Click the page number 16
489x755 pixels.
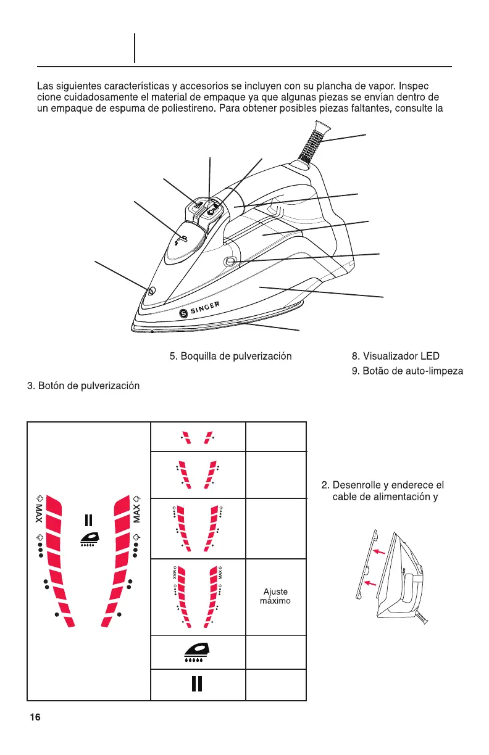(x=35, y=717)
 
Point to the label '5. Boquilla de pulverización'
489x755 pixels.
(x=230, y=356)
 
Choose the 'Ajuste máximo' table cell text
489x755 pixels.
(x=275, y=596)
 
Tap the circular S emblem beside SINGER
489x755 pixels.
(x=183, y=313)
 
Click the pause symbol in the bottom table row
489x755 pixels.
(x=198, y=685)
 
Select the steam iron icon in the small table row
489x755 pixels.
(x=198, y=652)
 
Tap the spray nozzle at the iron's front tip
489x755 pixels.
(x=151, y=290)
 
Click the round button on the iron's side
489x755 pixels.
(x=230, y=262)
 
